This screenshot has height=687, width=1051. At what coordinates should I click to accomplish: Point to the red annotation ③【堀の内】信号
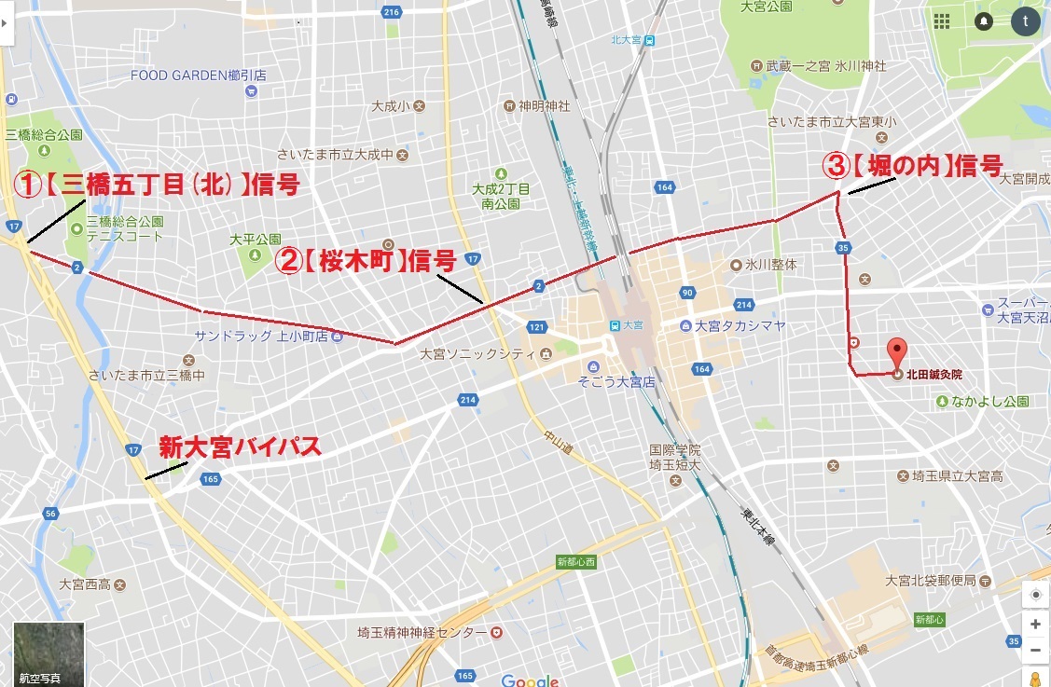912,167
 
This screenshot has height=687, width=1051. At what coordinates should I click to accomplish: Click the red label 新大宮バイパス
240,447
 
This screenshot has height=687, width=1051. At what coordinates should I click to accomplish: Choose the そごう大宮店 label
615,382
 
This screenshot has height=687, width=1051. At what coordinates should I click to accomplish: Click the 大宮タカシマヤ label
740,326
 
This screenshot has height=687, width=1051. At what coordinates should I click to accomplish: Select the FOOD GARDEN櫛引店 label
199,76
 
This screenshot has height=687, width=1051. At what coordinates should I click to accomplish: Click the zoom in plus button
1035,625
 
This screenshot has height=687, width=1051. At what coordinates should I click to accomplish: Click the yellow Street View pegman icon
1035,678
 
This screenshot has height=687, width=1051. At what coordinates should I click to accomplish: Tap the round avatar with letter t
1026,21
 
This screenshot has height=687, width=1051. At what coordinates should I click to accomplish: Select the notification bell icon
984,21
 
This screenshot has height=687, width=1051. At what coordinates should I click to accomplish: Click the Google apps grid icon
942,21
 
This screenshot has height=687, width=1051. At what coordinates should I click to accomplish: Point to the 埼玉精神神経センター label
422,632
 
